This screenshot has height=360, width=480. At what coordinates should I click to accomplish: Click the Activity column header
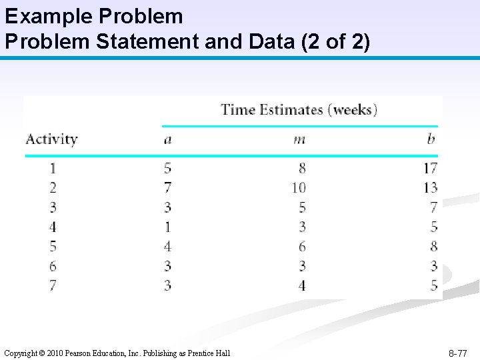(51, 139)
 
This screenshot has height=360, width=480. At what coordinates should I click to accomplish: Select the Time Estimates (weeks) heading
(299, 109)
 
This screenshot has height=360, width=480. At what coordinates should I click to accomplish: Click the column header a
(167, 139)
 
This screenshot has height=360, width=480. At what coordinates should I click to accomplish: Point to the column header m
(299, 139)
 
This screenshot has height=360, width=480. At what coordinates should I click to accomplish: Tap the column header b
(431, 139)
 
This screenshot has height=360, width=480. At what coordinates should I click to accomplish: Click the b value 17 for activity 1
(429, 168)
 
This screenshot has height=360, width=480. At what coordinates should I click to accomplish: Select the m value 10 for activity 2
(298, 188)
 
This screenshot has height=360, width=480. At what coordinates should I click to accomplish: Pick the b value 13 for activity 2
(429, 188)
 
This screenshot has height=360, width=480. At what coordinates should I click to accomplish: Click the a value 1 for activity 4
(167, 227)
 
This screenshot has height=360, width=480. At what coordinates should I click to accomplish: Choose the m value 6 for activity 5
(302, 247)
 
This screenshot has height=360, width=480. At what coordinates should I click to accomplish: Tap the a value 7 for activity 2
(167, 188)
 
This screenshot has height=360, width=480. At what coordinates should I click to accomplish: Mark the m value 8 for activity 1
(302, 168)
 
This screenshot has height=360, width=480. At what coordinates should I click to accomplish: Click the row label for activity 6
(53, 267)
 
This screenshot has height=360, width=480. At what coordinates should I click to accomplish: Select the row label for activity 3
(53, 207)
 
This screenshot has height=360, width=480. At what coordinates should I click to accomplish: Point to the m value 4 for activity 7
(302, 286)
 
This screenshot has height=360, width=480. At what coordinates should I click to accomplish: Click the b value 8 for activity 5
(433, 247)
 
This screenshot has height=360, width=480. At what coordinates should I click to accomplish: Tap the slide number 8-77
(457, 353)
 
